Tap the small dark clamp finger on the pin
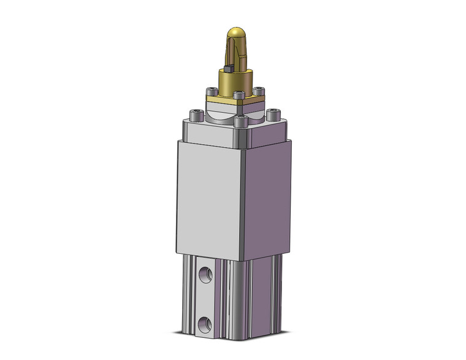click(227, 70)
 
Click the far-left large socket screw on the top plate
click(197, 115)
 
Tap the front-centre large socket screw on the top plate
click(240, 121)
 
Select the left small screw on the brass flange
click(210, 92)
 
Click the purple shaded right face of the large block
click(267, 196)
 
